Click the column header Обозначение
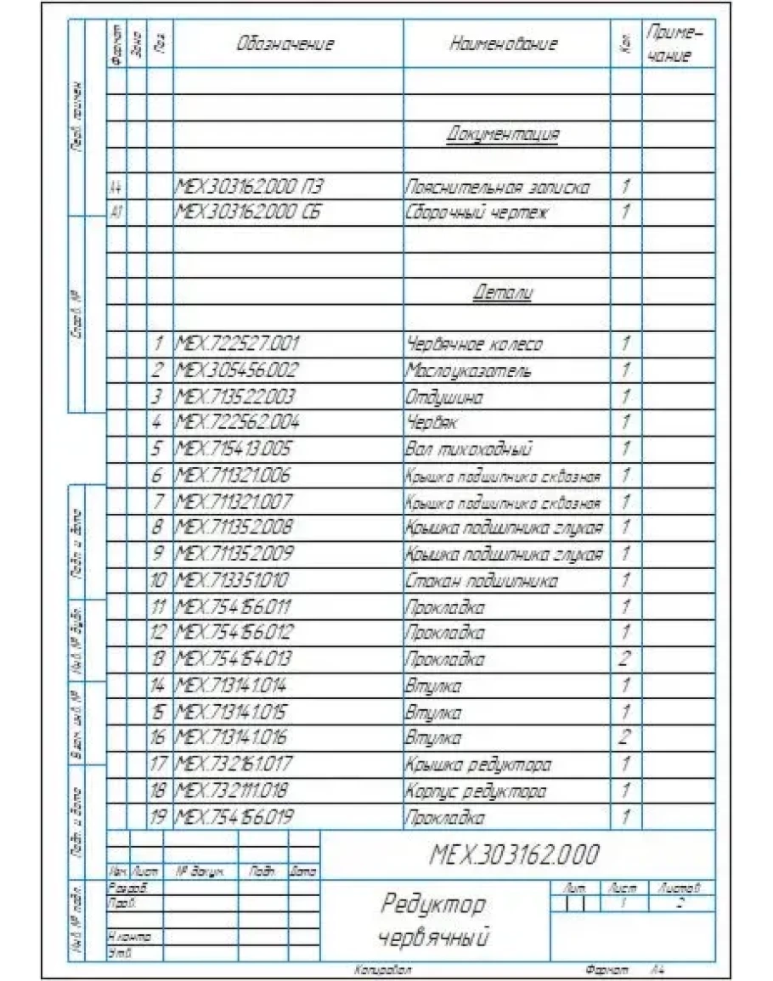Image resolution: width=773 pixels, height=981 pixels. tap(286, 45)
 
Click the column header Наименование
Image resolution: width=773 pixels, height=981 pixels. tap(503, 45)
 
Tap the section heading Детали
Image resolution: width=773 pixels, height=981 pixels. tap(503, 293)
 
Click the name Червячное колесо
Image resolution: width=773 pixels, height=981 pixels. tap(474, 345)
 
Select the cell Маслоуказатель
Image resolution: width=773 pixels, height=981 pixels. tap(468, 371)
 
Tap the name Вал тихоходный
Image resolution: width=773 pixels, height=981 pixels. tap(470, 448)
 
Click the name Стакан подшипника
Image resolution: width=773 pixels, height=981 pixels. tap(482, 581)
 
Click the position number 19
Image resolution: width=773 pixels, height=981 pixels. tap(158, 818)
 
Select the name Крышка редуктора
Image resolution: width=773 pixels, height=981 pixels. tap(477, 765)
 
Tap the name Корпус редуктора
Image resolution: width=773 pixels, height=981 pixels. tap(476, 792)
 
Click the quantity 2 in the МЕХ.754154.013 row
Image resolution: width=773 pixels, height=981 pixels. tap(625, 660)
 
